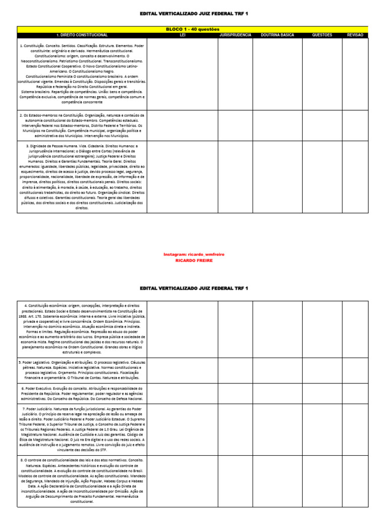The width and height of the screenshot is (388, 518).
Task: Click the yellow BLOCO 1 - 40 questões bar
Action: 193,29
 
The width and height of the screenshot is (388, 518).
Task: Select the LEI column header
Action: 182,35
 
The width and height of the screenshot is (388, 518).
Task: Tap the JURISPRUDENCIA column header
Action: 235,35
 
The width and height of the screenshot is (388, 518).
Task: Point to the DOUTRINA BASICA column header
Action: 277,35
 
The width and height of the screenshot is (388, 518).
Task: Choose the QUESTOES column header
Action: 322,35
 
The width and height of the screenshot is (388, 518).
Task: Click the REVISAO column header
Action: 355,35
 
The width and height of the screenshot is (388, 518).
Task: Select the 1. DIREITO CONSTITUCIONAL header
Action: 82,35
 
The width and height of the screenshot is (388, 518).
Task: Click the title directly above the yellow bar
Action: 194,14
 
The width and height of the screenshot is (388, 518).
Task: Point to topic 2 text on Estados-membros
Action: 82,125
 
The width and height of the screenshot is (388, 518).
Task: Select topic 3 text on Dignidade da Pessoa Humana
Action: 82,177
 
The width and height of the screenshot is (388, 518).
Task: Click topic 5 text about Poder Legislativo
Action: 82,370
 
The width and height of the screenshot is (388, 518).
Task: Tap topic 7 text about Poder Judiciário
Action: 82,429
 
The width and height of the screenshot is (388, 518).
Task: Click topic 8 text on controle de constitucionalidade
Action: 82,481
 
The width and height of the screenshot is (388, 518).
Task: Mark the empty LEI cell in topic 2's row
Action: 182,125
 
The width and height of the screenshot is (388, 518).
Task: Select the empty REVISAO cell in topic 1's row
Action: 355,74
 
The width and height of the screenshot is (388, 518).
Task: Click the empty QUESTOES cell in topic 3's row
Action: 322,177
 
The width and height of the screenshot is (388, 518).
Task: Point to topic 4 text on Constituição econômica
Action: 82,329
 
